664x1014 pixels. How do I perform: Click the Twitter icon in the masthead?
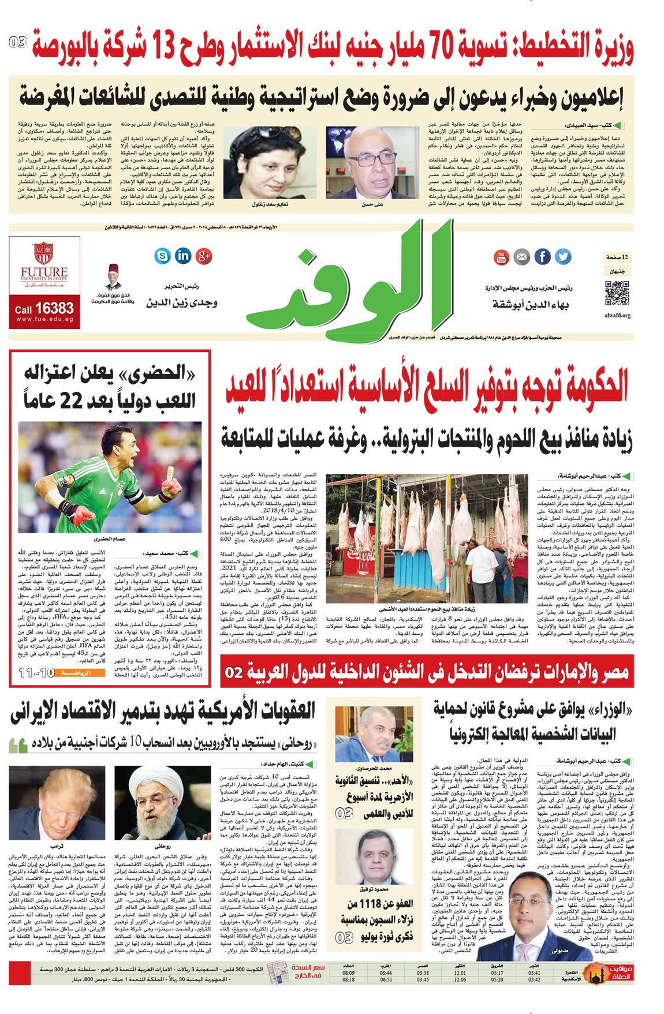point(562,256)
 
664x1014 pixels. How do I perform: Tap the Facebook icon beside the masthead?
point(542,256)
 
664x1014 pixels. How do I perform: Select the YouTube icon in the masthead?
point(501,257)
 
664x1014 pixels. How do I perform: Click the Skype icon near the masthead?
point(163,255)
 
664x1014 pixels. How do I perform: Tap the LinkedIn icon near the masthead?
point(183,255)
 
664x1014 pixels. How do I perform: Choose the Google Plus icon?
point(204,256)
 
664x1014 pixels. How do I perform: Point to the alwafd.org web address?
point(617,316)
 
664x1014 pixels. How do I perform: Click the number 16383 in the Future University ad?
point(54,308)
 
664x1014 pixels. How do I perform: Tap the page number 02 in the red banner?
point(234,673)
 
